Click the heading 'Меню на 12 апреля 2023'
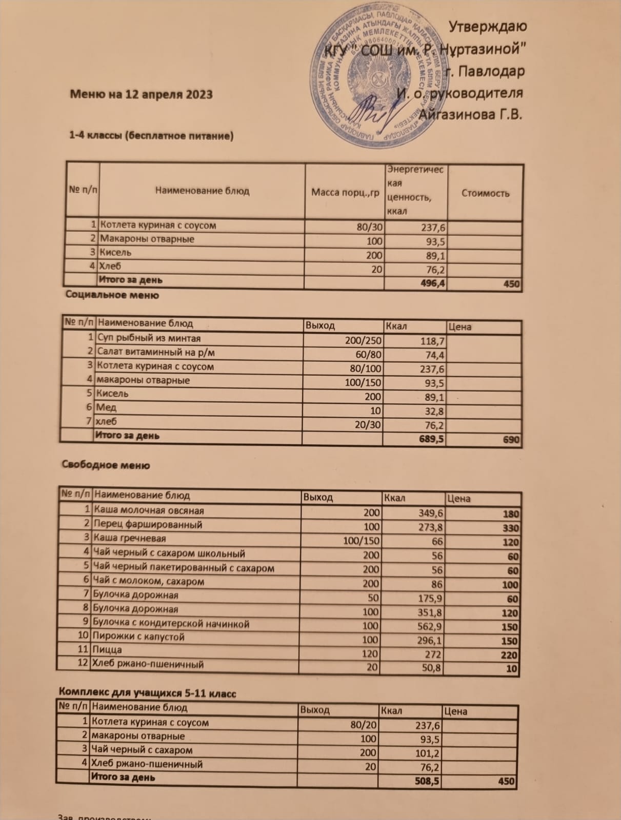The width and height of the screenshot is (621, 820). (x=141, y=94)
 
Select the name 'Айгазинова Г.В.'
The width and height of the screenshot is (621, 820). (x=470, y=114)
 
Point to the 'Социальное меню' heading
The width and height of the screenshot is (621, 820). (x=112, y=295)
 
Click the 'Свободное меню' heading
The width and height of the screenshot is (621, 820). (x=106, y=465)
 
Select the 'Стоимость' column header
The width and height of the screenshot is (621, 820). (x=485, y=193)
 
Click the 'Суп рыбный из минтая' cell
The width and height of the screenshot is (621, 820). (x=149, y=339)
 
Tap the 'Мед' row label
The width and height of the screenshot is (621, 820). (x=107, y=407)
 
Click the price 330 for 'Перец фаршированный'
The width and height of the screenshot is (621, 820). (x=511, y=528)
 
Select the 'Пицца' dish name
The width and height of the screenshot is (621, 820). (x=107, y=650)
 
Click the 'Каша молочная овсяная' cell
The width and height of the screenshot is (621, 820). (x=149, y=511)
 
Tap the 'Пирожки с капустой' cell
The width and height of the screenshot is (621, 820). (x=138, y=637)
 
